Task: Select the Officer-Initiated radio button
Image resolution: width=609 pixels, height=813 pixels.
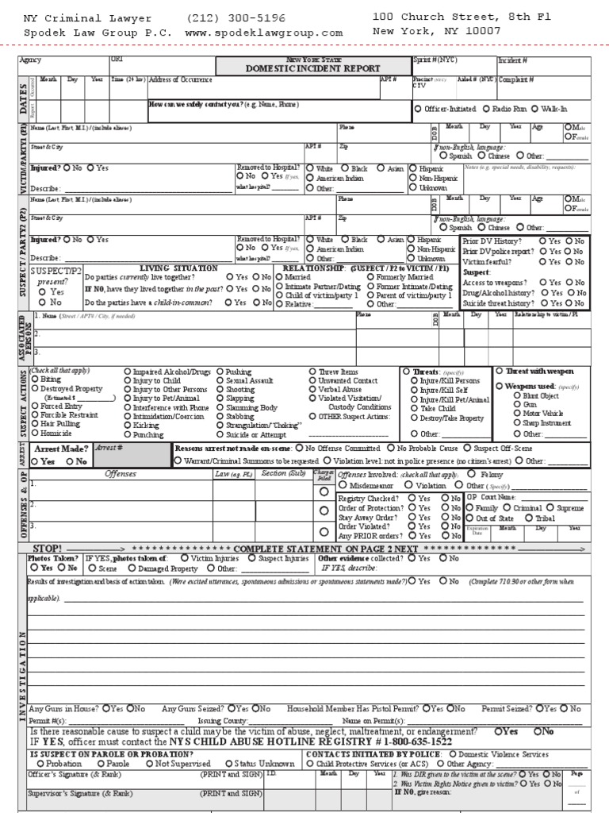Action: [x=419, y=109]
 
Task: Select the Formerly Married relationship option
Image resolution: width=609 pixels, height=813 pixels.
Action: [x=373, y=277]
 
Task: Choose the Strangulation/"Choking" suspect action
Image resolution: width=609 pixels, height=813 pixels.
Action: [x=220, y=425]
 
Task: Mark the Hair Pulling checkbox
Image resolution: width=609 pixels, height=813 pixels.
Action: [x=34, y=425]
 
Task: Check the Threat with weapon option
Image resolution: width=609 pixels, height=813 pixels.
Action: [x=499, y=371]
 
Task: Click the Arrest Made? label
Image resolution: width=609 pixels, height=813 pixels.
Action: [x=60, y=449]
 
